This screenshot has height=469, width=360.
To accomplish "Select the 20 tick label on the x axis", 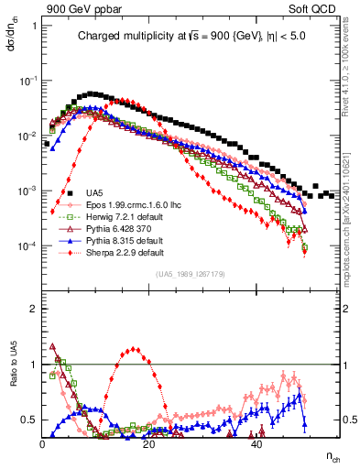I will (149, 444).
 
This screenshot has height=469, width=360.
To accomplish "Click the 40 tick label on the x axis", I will (256, 444).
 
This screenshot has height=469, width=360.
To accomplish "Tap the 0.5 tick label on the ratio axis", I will (29, 420).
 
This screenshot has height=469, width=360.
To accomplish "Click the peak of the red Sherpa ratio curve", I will (135, 349).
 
